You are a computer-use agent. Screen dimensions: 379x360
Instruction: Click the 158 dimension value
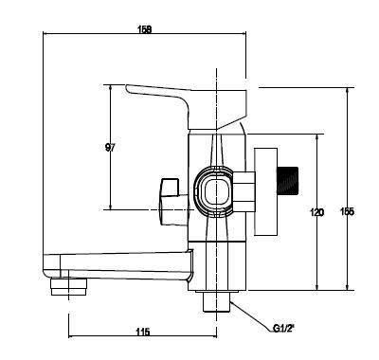[x=145, y=29]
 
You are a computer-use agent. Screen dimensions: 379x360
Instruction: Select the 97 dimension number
[x=110, y=147]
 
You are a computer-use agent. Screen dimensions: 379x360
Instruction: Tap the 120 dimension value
[x=317, y=212]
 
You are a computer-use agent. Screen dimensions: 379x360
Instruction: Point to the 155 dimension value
[x=347, y=211]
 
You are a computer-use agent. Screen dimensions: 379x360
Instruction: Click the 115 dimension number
[x=143, y=332]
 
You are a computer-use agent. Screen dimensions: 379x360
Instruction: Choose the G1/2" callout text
[x=283, y=329]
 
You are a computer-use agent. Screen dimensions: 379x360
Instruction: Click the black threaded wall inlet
[x=288, y=180]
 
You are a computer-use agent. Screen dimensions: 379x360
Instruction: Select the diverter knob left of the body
[x=173, y=202]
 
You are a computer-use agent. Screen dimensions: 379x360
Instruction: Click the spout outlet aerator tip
[x=68, y=287]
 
